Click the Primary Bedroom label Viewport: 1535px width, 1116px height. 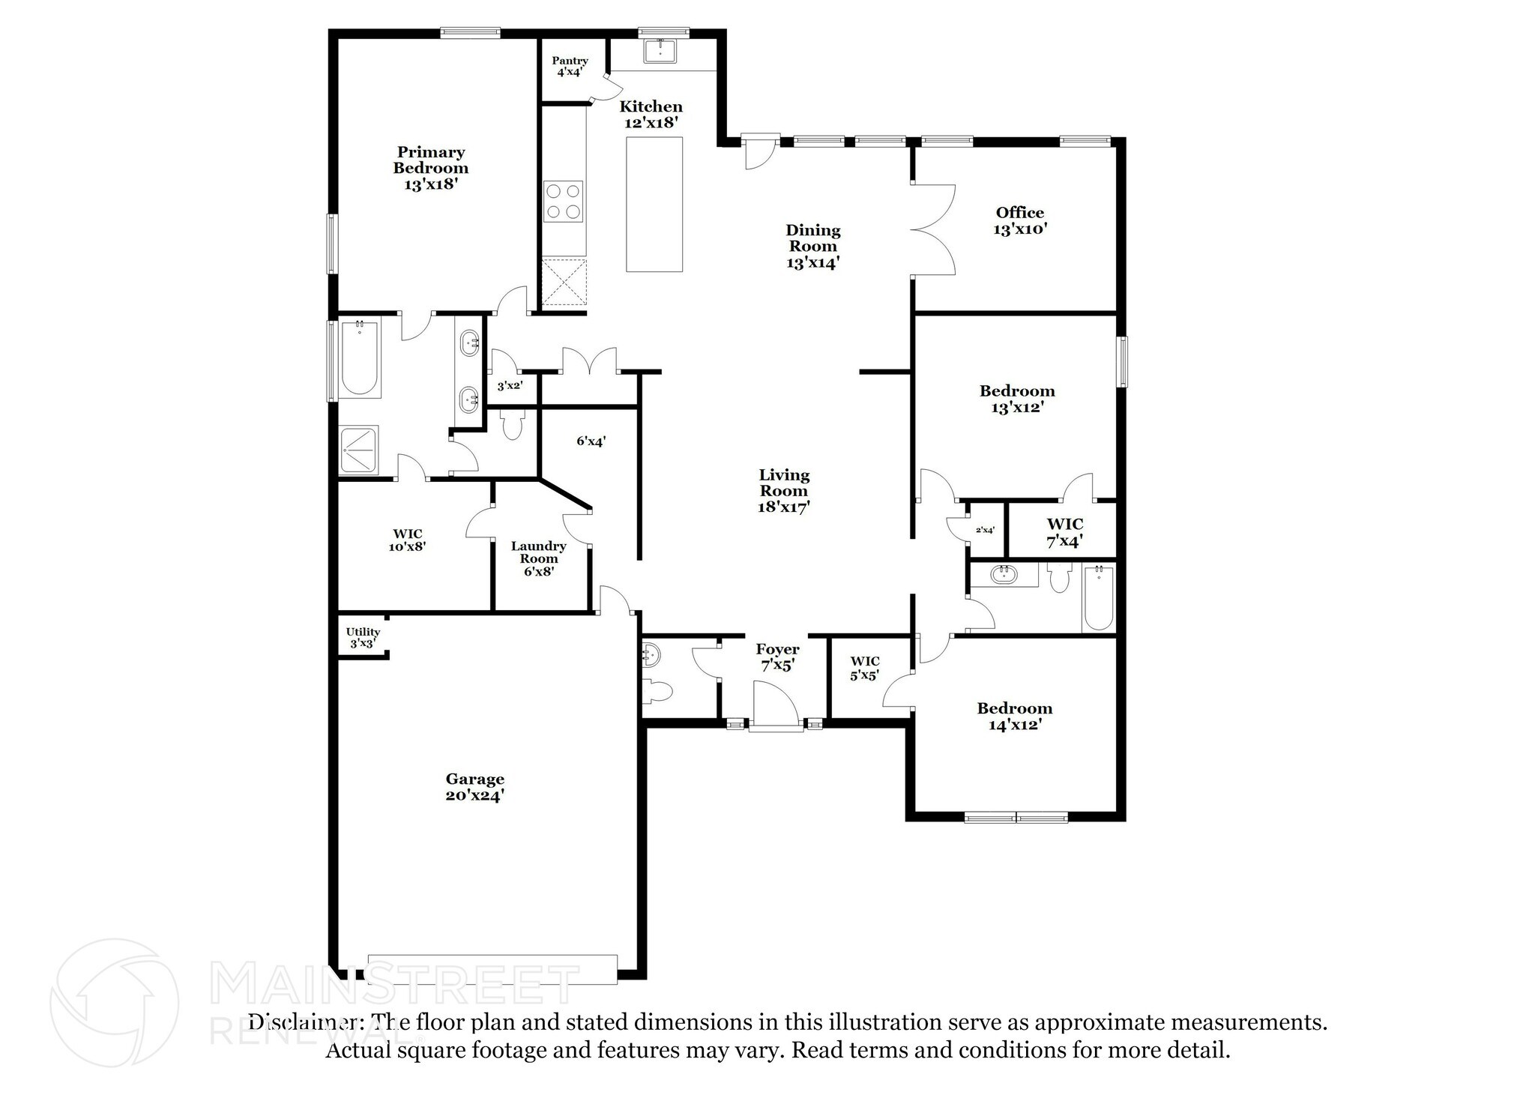(431, 168)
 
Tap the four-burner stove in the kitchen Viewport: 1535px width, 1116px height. (564, 201)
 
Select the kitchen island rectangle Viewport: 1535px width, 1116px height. (654, 204)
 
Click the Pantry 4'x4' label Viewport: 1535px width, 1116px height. (570, 67)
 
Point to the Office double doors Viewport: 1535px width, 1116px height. (933, 229)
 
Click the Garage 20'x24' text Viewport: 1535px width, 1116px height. (474, 787)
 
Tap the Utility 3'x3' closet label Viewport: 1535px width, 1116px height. (363, 638)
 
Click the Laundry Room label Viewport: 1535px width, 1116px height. (538, 558)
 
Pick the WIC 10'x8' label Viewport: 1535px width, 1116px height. (407, 540)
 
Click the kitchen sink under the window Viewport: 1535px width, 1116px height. (660, 50)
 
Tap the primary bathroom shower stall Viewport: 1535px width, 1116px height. (359, 450)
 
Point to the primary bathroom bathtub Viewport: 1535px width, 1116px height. (359, 358)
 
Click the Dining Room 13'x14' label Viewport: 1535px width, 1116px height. (812, 246)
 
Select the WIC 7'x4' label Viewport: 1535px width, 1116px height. (1064, 532)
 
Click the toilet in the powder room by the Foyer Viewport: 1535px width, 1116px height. (657, 691)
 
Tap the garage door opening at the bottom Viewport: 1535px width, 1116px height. (492, 968)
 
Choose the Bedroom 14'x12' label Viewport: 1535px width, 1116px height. (1014, 716)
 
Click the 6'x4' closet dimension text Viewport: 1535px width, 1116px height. (591, 441)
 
